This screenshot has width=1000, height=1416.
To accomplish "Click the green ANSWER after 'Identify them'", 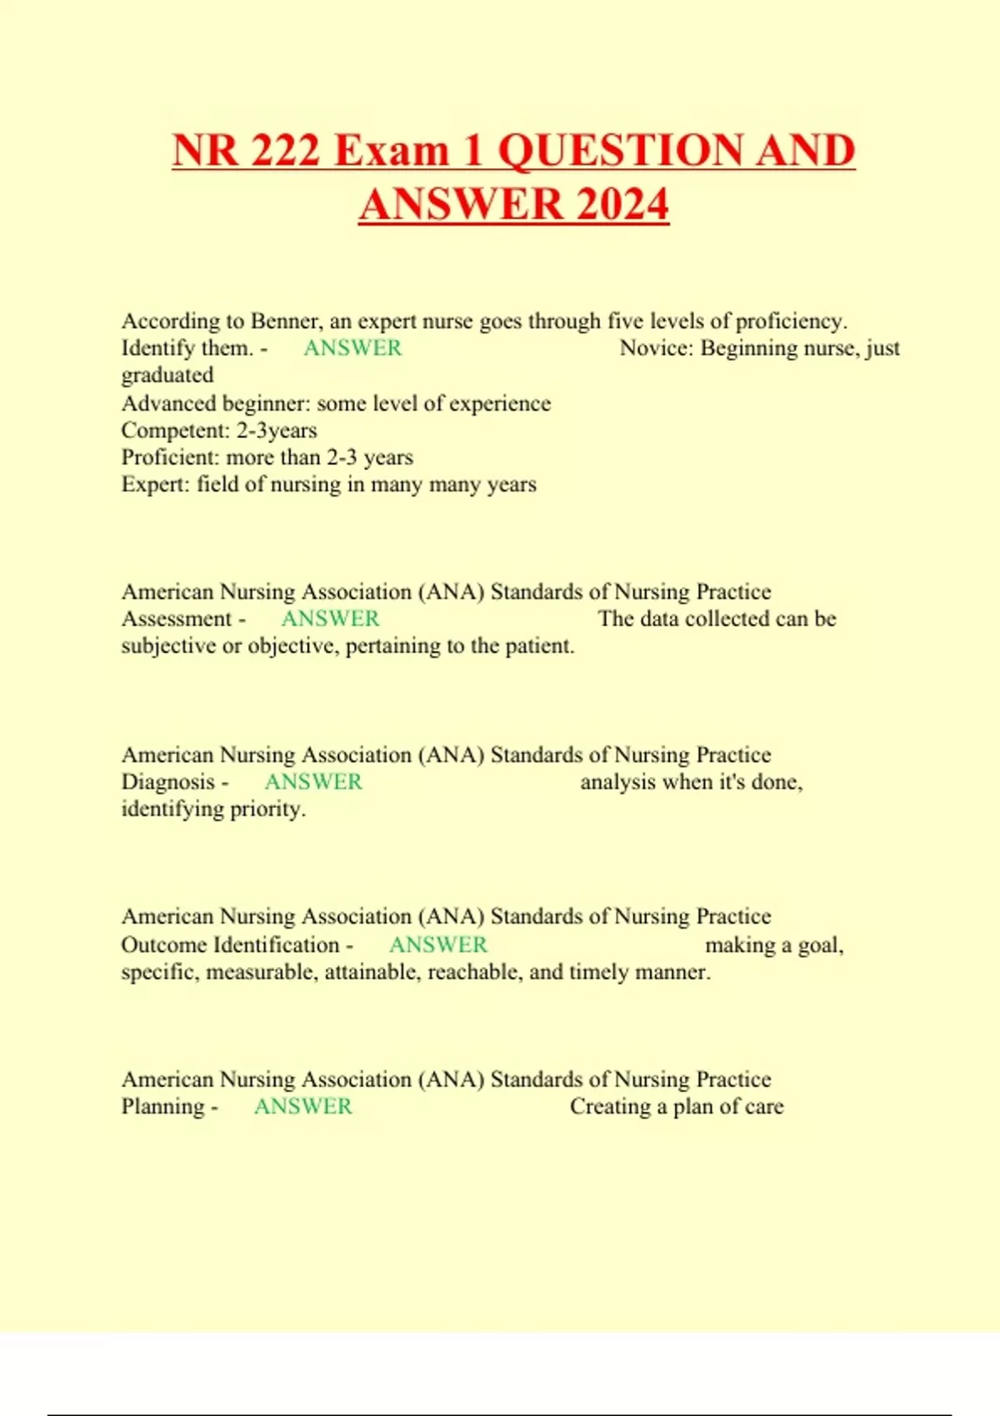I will (352, 348).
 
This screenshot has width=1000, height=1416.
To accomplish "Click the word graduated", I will (167, 375).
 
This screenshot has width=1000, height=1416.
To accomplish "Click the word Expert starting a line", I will (156, 485).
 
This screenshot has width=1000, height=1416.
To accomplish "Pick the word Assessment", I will (177, 619).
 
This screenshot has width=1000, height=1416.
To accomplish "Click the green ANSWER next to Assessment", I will (330, 619).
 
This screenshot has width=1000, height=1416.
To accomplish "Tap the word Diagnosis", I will (168, 782).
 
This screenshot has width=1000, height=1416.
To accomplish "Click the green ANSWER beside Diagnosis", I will (313, 782).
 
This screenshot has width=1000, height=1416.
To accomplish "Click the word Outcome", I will (164, 945).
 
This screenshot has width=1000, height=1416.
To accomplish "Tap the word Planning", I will (163, 1107).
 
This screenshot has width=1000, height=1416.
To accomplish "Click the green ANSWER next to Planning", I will (303, 1107).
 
